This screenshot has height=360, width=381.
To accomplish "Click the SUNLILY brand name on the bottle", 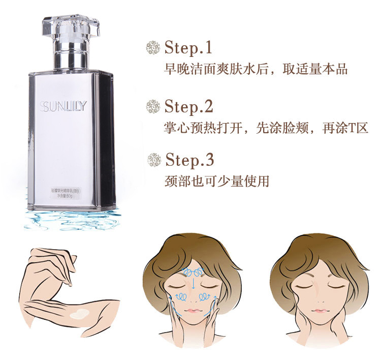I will (63, 106).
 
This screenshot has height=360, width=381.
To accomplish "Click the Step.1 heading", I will (187, 48).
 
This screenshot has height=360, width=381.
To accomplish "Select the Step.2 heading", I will (187, 107).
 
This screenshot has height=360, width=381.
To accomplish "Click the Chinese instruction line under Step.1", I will (256, 69).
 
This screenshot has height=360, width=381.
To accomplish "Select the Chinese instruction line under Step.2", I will (266, 128).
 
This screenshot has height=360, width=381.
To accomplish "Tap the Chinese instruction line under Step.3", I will (217, 181).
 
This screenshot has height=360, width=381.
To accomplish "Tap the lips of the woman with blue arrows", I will (194, 310).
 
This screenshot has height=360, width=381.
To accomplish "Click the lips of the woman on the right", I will (319, 311).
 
